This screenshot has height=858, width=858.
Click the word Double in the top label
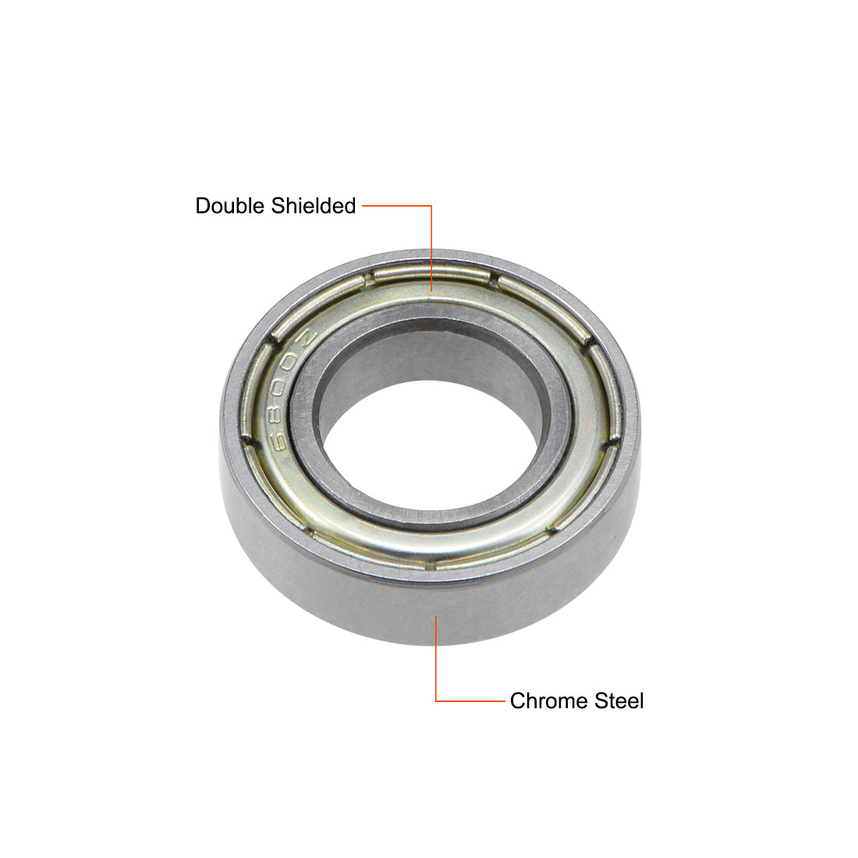click(230, 206)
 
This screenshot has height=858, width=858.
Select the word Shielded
click(314, 206)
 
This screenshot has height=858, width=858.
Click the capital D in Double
click(203, 206)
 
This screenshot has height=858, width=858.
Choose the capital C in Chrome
click(518, 701)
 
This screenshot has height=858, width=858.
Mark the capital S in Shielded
click(278, 206)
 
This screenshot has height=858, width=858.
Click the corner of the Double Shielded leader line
click(432, 206)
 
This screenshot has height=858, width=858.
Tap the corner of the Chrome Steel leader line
click(436, 701)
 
